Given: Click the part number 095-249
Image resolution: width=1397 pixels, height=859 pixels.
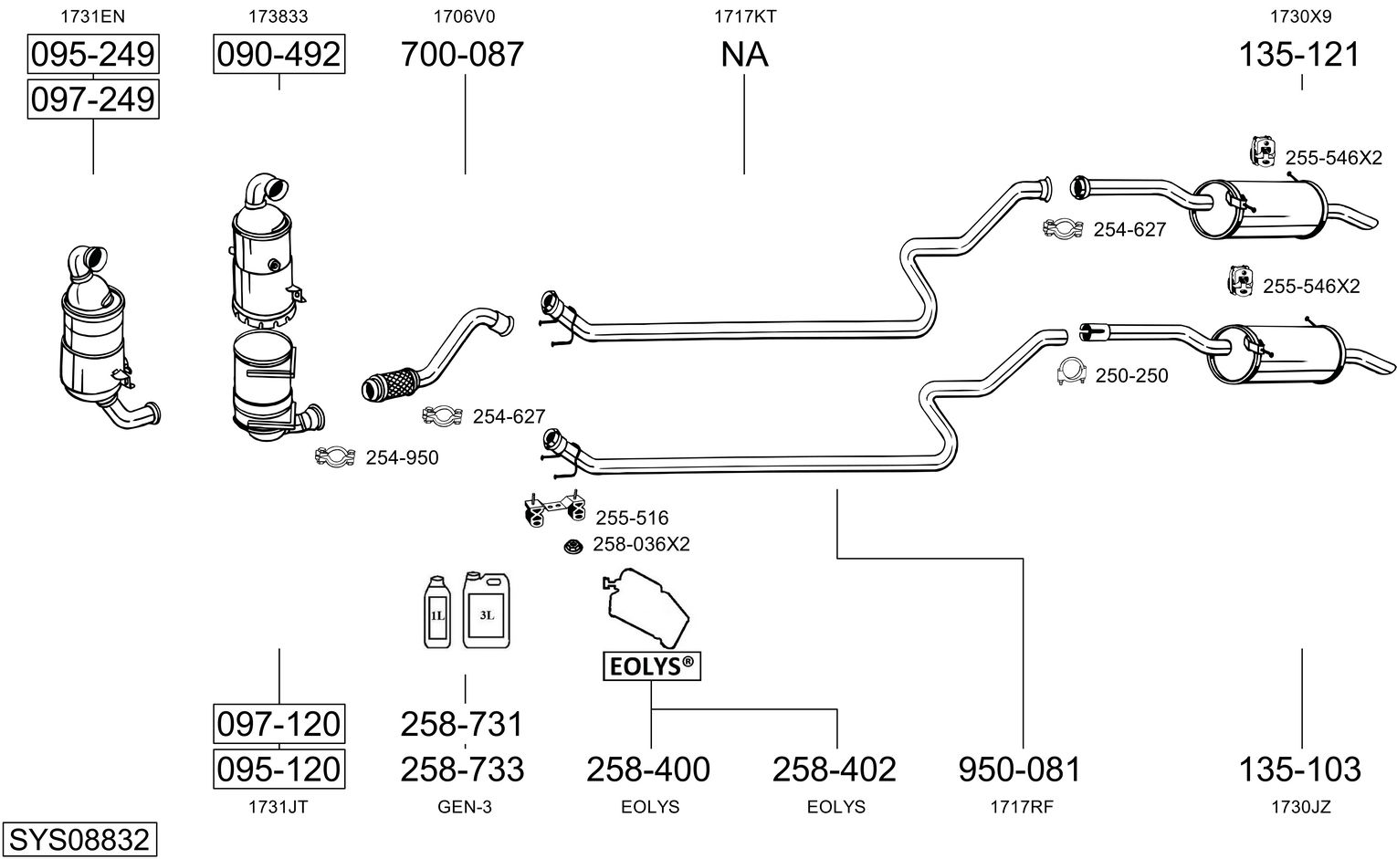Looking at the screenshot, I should (x=92, y=55).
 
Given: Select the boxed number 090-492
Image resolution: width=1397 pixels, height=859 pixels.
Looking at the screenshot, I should (x=278, y=55).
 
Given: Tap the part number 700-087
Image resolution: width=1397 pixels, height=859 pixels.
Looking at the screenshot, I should (x=463, y=55).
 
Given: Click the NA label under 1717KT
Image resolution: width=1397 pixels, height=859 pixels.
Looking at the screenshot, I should (x=744, y=55).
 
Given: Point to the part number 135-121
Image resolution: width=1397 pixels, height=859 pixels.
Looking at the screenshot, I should (x=1299, y=55).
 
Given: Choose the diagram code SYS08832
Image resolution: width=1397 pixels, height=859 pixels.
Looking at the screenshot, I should (x=79, y=839).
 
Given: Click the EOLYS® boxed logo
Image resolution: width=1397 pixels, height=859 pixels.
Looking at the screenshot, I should (x=651, y=667).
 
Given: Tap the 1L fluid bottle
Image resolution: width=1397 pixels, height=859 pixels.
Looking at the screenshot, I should (x=437, y=613).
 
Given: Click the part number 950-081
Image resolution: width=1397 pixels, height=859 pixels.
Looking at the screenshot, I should (x=1020, y=770).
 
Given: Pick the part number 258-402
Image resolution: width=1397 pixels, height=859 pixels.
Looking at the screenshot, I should (x=835, y=770).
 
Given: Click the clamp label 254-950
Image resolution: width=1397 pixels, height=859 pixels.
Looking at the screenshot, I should (x=402, y=458).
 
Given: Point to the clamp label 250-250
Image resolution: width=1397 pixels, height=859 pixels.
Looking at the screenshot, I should (x=1131, y=376).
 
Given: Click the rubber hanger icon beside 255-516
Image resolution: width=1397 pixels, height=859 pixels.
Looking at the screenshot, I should (x=552, y=509).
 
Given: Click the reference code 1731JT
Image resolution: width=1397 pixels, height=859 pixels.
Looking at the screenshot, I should (x=278, y=807).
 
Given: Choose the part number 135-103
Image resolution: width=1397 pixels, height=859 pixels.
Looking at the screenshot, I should (x=1299, y=770).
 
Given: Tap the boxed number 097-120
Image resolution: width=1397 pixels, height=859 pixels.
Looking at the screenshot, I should (x=278, y=724).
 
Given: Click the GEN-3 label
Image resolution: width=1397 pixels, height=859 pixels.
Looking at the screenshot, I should (x=465, y=807).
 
